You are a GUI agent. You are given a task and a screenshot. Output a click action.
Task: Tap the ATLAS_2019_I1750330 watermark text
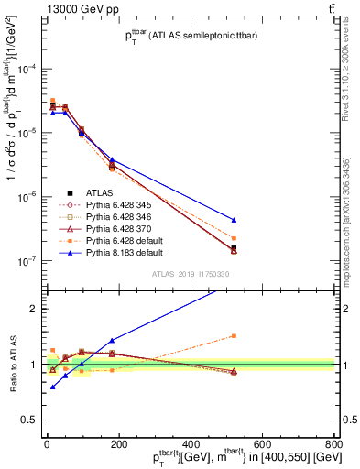[191, 274]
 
